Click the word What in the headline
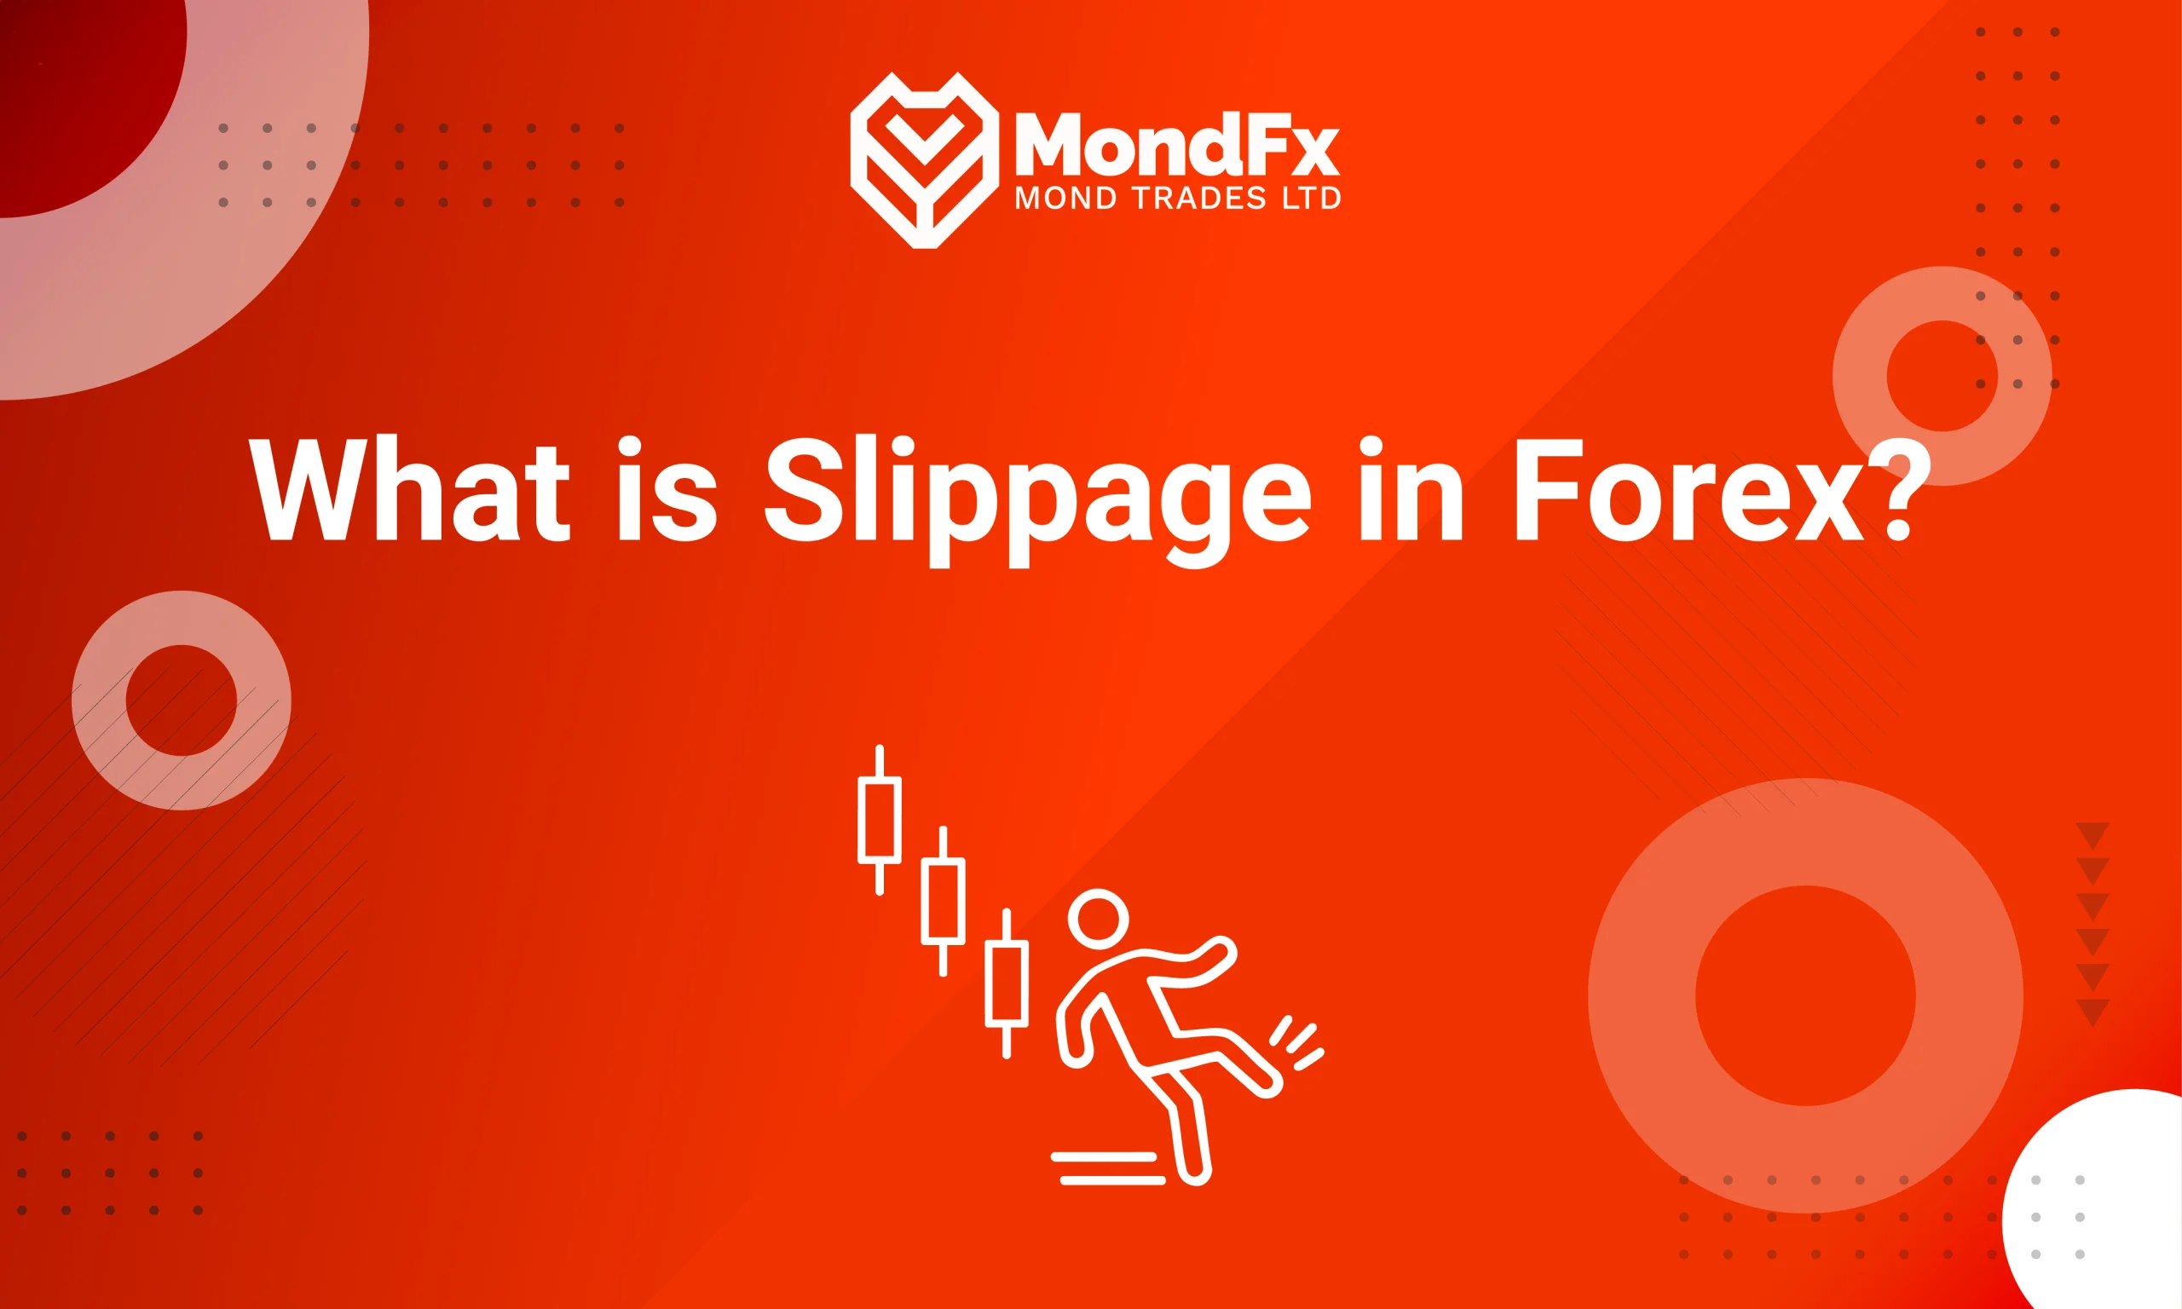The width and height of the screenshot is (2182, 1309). (410, 489)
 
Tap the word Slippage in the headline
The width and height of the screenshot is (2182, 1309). (1037, 494)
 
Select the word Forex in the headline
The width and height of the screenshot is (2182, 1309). (1689, 489)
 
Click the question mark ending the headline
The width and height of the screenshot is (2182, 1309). (1905, 489)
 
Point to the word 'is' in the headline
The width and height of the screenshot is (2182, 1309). (667, 489)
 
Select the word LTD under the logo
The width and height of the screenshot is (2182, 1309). (1312, 199)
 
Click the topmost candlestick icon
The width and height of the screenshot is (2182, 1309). (880, 820)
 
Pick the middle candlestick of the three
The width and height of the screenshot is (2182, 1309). (943, 901)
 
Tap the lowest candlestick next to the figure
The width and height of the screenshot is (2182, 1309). (1007, 983)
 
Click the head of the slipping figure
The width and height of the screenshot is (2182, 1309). (1098, 918)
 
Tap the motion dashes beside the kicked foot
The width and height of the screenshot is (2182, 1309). (1296, 1042)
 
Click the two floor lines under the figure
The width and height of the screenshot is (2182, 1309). (1107, 1168)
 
